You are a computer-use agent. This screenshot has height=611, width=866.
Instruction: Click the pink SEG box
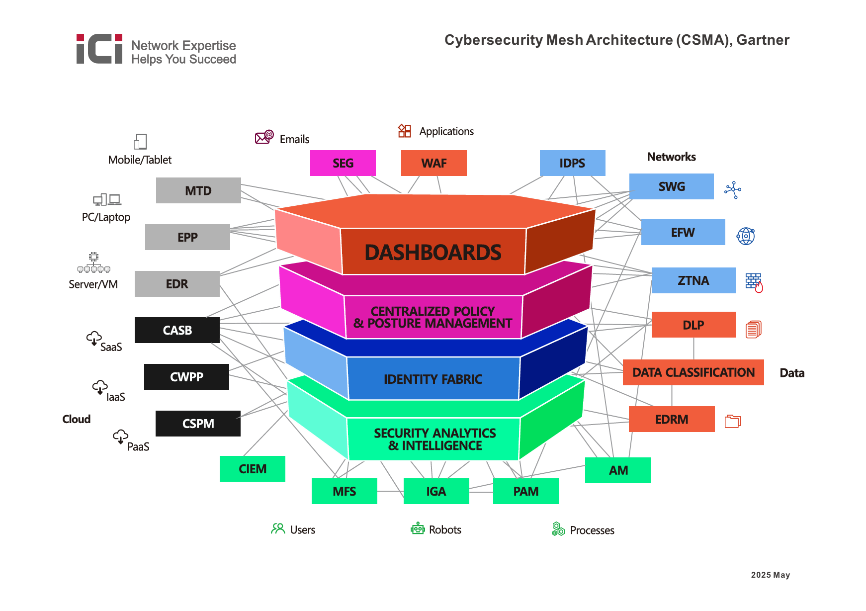point(343,163)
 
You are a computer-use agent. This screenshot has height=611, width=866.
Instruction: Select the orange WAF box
point(433,163)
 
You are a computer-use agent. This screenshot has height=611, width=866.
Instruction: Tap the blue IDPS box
point(572,163)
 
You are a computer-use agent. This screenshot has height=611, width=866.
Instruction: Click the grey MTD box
point(198,190)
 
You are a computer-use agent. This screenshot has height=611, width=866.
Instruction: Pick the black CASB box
point(177,330)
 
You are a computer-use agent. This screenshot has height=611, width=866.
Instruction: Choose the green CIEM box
point(252,469)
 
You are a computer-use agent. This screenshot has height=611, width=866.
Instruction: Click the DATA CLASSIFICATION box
point(693,372)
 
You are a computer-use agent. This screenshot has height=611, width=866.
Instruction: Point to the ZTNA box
point(693,280)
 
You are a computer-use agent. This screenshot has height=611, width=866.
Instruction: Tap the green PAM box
point(525,491)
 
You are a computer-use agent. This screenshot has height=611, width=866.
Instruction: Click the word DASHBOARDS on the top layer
point(433,253)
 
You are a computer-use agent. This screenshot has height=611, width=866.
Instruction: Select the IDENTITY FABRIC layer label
point(433,379)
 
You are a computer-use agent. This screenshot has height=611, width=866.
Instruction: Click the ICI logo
point(99,49)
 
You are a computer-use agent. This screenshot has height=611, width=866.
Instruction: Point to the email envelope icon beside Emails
point(263,137)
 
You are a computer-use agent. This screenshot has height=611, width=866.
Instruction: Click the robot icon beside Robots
point(418,529)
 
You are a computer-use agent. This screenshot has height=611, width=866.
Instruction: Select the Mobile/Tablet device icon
point(141,141)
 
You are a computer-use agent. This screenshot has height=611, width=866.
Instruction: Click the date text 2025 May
point(770,575)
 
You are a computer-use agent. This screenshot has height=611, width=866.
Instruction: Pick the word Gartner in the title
point(763,40)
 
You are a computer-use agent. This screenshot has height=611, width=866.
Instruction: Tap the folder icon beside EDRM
point(732,421)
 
